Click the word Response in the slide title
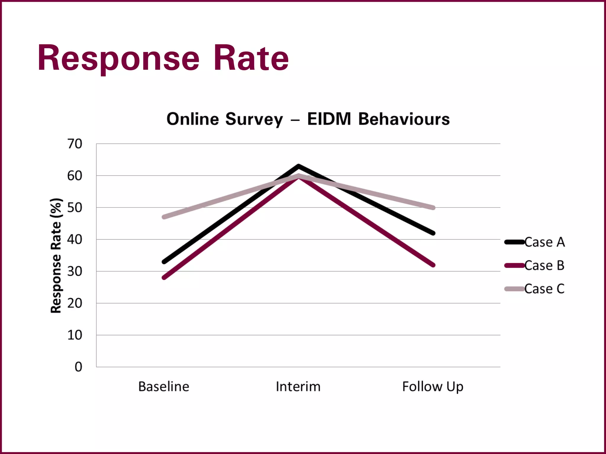pos(118,58)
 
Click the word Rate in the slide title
pos(251,58)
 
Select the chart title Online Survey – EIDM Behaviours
pos(308,119)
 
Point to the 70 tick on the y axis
pos(75,144)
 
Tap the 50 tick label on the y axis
pos(75,208)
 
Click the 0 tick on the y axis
pos(78,367)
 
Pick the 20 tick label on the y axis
pos(75,303)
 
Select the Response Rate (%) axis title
pos(56,256)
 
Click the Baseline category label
pos(164,387)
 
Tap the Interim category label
pos(298,387)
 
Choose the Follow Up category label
pos(433,387)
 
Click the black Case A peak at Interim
pos(298,166)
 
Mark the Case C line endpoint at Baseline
pos(164,217)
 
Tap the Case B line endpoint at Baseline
pos(164,278)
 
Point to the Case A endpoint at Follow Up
pos(433,233)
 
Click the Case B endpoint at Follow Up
pos(433,265)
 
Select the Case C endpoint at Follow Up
pos(433,208)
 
